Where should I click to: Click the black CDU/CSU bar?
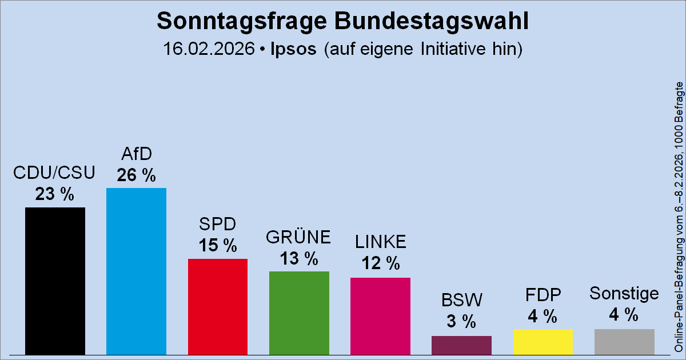pyautogui.click(x=55, y=281)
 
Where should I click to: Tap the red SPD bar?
pyautogui.click(x=218, y=306)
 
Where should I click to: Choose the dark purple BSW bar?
pyautogui.click(x=461, y=345)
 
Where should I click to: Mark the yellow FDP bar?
pyautogui.click(x=543, y=341)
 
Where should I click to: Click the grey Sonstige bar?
pyautogui.click(x=624, y=341)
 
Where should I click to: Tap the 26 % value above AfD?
pyautogui.click(x=136, y=175)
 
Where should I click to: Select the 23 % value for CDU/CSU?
pyautogui.click(x=55, y=195)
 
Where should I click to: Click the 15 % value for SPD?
pyautogui.click(x=218, y=246)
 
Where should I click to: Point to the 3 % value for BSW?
pyautogui.click(x=461, y=321)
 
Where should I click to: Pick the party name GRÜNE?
pyautogui.click(x=299, y=237)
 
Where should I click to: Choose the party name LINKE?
pyautogui.click(x=380, y=242)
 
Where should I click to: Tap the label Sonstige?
pyautogui.click(x=624, y=294)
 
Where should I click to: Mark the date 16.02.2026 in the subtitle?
pyautogui.click(x=208, y=49)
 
